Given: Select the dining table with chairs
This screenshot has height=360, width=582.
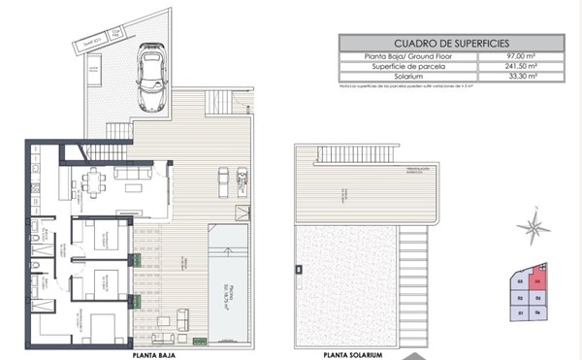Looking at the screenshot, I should [94, 180].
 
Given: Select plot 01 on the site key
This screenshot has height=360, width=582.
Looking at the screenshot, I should [521, 313].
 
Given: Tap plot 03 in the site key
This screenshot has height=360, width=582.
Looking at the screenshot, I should [521, 282].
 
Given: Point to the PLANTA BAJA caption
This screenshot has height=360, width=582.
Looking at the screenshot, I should [152, 355].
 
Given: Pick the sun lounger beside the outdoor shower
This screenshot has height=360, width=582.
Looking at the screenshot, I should [222, 180].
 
